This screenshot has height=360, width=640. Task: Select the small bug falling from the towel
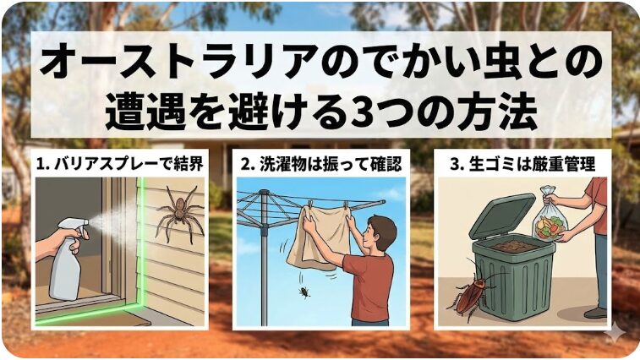[x=303, y=293]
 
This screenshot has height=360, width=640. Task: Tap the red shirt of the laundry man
[x=370, y=284]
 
